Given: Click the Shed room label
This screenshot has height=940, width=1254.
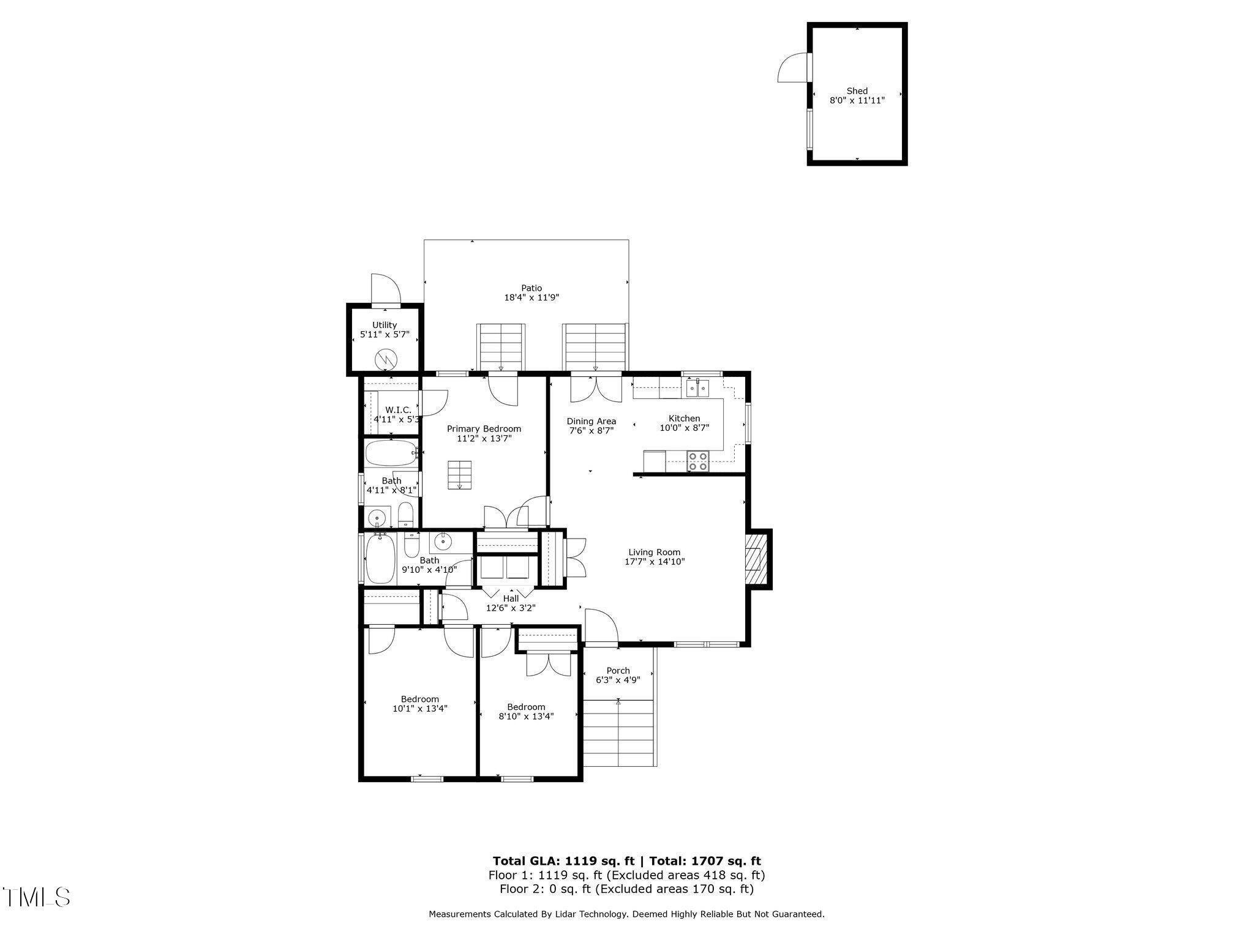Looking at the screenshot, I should point(857,91).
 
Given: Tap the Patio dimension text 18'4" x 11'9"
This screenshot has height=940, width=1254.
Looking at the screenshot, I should point(531,297).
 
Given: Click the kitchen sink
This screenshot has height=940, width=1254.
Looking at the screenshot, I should point(697,387).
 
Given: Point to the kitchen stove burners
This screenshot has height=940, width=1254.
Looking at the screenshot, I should point(697,461).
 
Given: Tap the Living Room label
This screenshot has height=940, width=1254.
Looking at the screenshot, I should point(654,552).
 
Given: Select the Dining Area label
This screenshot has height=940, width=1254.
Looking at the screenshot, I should point(591,421).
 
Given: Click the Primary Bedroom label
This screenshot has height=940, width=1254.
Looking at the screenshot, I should point(484,428).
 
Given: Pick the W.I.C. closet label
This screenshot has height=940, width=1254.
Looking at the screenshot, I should point(398,409).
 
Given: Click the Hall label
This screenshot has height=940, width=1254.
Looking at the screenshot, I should point(511,599).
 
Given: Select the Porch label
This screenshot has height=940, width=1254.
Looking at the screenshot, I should point(618,670).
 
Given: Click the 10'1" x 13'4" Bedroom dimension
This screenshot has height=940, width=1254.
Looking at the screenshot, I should point(420,709).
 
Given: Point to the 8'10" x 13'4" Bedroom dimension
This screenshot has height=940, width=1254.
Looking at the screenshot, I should point(526,717).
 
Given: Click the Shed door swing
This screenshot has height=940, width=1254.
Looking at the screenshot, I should point(793,68).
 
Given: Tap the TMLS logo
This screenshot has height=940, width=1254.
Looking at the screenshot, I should point(36,897).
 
